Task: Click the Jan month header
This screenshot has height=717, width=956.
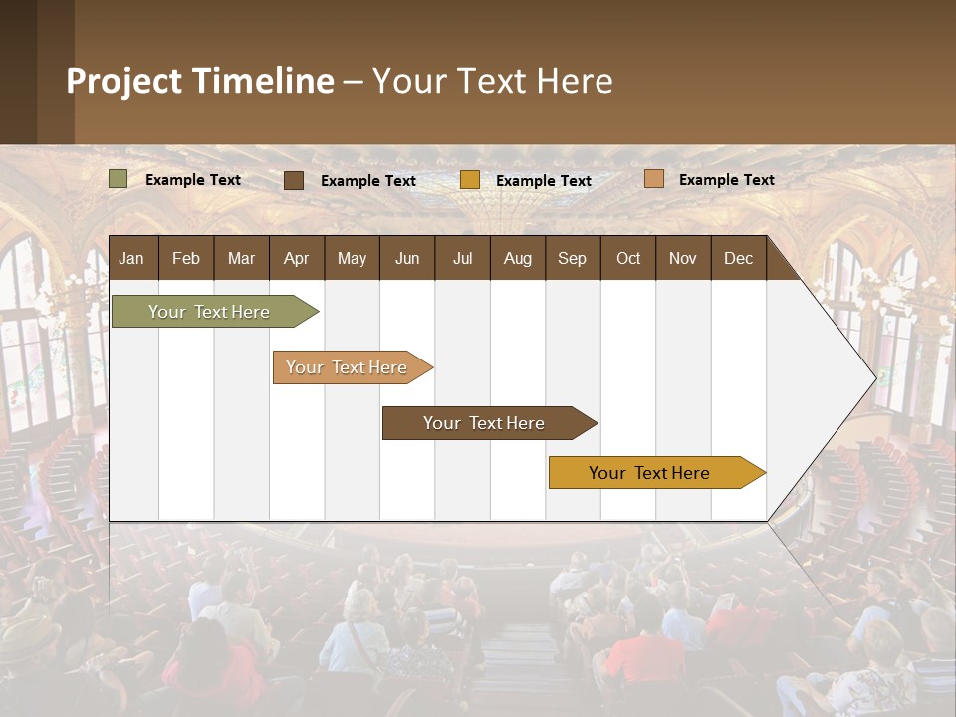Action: point(132,258)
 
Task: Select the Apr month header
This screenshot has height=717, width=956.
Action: point(297,258)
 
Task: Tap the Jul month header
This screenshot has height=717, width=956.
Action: point(462,258)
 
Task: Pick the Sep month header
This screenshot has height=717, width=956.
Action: point(572,258)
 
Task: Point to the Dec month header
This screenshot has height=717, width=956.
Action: point(738,258)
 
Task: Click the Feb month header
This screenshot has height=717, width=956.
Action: point(186,258)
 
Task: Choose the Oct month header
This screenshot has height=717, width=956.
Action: point(628,258)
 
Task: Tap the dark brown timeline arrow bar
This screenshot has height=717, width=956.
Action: point(485,423)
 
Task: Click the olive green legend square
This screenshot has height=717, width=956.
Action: point(118,179)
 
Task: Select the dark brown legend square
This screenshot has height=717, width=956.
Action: point(294,180)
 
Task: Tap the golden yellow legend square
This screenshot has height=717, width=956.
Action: point(470,180)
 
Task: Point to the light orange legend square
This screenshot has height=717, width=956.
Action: point(654,179)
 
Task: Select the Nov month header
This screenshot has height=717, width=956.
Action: point(683,258)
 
